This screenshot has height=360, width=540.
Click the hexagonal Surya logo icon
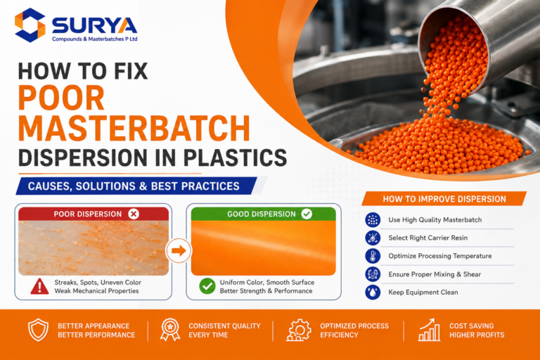30,25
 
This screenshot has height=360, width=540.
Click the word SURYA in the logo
94,25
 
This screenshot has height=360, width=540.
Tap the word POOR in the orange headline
61,98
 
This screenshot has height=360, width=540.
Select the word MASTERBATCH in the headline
134,128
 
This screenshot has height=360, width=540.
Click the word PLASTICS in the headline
235,157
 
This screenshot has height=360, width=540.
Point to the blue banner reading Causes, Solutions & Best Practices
136,186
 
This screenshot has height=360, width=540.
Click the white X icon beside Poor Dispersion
134,214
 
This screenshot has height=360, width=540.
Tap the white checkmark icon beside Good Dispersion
307,214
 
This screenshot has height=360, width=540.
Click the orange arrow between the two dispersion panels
179,250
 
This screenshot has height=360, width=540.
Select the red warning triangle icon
39,286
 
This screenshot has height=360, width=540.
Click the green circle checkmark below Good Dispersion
207,286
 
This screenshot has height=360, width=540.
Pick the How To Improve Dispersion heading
444,199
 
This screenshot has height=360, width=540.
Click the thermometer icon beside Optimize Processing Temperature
373,256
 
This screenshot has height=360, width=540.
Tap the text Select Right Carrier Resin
428,238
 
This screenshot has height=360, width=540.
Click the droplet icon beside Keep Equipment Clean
373,292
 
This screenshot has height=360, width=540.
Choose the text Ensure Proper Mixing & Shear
435,274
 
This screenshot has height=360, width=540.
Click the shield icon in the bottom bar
38,330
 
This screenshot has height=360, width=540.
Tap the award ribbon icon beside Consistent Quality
170,330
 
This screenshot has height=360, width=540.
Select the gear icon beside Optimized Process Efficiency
299,330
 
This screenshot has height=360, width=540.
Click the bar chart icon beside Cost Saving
429,330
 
